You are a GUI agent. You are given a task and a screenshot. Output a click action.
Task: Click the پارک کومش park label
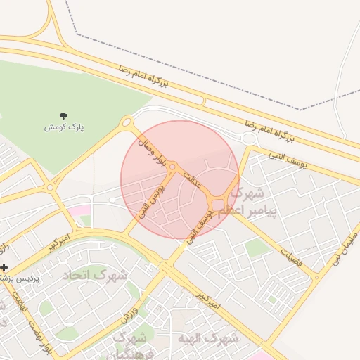pyautogui.click(x=64, y=127)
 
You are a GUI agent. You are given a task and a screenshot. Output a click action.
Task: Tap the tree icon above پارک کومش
pyautogui.click(x=64, y=116)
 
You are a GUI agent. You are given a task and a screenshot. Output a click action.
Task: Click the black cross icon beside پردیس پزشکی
pyautogui.click(x=4, y=267)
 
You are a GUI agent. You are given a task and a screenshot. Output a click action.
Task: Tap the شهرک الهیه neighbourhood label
pyautogui.click(x=209, y=338)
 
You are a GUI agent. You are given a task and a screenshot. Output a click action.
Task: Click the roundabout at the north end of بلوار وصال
pyautogui.click(x=127, y=123)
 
